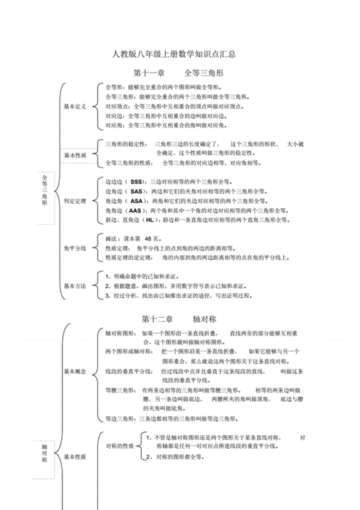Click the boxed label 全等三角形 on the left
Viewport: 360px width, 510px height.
pyautogui.click(x=45, y=189)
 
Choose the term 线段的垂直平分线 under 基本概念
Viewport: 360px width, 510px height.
pyautogui.click(x=128, y=371)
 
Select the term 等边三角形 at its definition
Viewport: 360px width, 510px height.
pyautogui.click(x=120, y=419)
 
